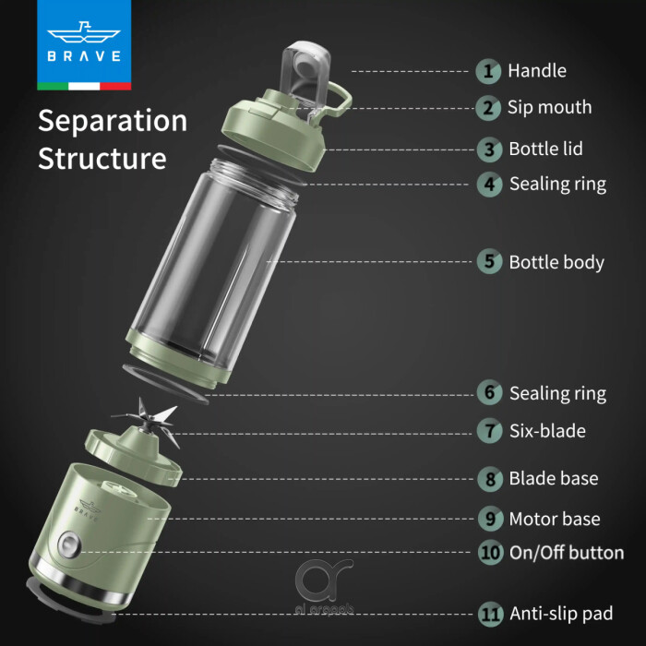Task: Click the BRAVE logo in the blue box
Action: click(83, 42)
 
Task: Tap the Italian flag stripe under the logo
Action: click(83, 86)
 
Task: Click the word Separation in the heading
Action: click(113, 121)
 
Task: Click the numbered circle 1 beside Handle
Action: click(489, 70)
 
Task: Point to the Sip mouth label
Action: click(549, 107)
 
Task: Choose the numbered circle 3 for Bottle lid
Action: click(489, 149)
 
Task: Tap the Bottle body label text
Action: click(556, 262)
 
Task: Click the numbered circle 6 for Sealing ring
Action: click(489, 393)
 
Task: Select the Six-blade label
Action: click(547, 431)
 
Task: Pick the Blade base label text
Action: click(554, 478)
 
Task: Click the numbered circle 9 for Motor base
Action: click(489, 519)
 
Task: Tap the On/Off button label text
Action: click(567, 554)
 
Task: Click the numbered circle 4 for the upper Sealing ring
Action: click(489, 184)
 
